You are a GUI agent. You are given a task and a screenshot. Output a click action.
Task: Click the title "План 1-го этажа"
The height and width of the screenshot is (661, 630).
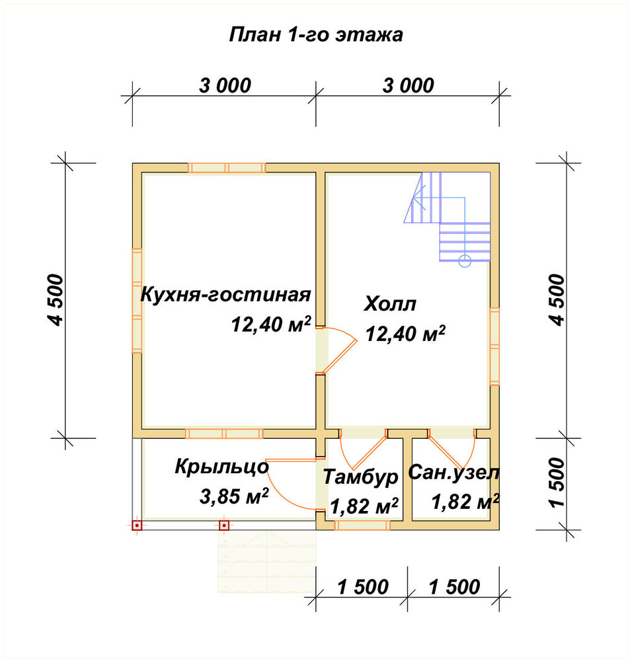coord(316,34)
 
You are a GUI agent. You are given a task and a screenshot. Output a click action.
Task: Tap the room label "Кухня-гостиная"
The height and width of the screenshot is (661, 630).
coord(225,294)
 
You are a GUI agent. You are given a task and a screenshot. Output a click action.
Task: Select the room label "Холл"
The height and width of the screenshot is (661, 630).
coord(390,303)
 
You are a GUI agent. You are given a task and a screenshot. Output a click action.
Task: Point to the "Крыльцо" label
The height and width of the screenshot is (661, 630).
coord(222,467)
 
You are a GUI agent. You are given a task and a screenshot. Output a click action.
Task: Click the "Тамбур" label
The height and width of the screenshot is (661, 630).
coord(360,477)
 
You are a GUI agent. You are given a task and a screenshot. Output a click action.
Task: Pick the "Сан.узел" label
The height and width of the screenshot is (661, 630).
coord(453,473)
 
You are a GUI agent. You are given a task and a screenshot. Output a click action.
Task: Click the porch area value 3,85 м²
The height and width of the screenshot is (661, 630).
coord(234,496)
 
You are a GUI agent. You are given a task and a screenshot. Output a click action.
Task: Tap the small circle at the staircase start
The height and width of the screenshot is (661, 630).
coord(465,261)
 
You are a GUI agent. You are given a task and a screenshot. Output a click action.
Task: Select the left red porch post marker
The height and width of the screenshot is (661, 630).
coord(137,525)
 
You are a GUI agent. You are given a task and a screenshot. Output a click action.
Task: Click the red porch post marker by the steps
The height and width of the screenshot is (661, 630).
coord(224,525)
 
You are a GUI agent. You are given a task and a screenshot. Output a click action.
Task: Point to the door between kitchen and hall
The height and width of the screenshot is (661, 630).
coord(337,350)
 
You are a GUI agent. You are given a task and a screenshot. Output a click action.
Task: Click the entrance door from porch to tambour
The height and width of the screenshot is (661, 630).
coord(291,485)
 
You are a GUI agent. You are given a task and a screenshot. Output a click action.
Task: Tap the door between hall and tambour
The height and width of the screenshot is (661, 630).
coord(363,450)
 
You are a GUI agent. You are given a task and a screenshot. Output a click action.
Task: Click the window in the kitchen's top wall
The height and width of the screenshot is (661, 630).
coord(227,167)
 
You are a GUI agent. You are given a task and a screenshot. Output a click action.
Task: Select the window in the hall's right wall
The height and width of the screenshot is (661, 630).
coord(494,346)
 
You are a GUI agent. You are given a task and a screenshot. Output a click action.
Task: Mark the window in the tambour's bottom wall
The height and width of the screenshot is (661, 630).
coord(362,525)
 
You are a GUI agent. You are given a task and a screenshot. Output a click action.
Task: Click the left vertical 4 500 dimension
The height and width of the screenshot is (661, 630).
coord(56,299)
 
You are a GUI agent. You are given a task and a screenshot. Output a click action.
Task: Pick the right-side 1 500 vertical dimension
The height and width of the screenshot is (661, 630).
coord(557,483)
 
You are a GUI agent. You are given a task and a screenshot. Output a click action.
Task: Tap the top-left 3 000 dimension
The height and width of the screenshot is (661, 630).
coord(225,85)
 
